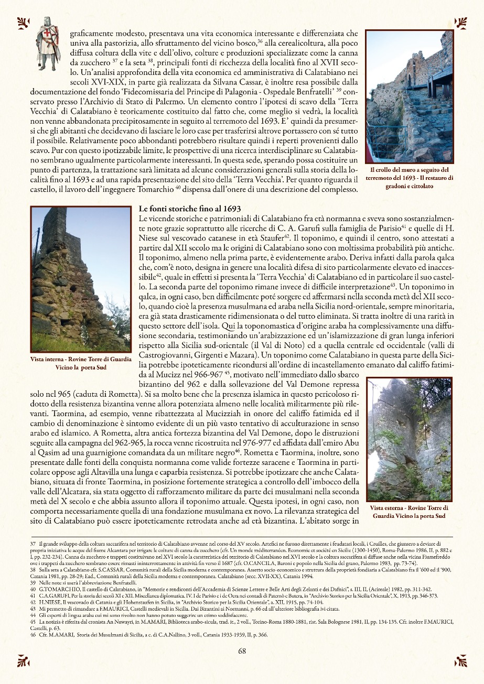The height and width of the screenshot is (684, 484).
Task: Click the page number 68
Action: pos(242,652)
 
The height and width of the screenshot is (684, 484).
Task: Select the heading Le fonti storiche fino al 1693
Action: pos(189,209)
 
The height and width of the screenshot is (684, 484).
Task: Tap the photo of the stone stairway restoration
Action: pos(409,96)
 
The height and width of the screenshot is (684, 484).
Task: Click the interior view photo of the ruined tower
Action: pos(81,279)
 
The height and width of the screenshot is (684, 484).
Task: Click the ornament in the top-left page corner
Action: pos(23,23)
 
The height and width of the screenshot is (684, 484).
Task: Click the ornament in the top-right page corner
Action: pos(461,23)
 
